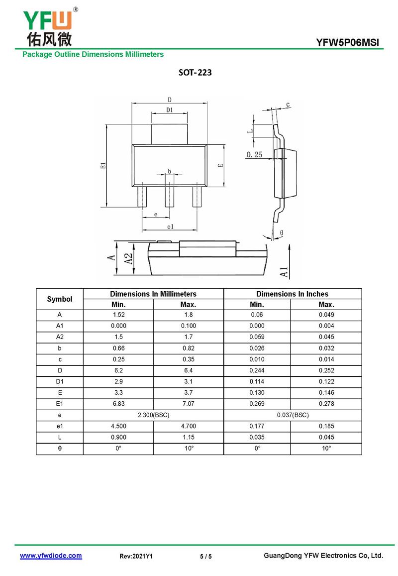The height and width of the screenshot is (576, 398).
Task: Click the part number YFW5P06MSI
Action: pyautogui.click(x=347, y=43)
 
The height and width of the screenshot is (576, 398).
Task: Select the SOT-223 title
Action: pyautogui.click(x=195, y=73)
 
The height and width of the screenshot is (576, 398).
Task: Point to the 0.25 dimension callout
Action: pyautogui.click(x=254, y=155)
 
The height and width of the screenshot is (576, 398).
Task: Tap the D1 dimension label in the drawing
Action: pyautogui.click(x=169, y=110)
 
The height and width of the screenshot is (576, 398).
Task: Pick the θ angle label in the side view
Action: pyautogui.click(x=282, y=232)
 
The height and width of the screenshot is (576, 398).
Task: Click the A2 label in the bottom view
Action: pyautogui.click(x=128, y=258)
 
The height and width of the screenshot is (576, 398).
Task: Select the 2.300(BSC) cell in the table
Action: pyautogui.click(x=153, y=415)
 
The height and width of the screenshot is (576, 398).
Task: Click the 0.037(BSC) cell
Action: pyautogui.click(x=293, y=415)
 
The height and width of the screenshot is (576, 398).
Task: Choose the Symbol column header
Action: pyautogui.click(x=60, y=299)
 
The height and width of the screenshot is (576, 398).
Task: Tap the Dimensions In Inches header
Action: pyautogui.click(x=293, y=294)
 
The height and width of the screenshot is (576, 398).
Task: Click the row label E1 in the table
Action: pyautogui.click(x=60, y=404)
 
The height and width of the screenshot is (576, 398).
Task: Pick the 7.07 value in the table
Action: pyautogui.click(x=189, y=404)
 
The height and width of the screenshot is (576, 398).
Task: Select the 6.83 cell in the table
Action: pyautogui.click(x=118, y=404)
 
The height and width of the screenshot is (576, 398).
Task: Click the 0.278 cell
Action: pyautogui.click(x=326, y=404)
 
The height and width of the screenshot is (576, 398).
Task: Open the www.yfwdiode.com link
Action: pyautogui.click(x=51, y=556)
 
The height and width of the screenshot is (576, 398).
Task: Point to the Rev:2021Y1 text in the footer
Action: pyautogui.click(x=136, y=557)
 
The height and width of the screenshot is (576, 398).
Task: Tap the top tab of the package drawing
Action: pyautogui.click(x=169, y=134)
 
